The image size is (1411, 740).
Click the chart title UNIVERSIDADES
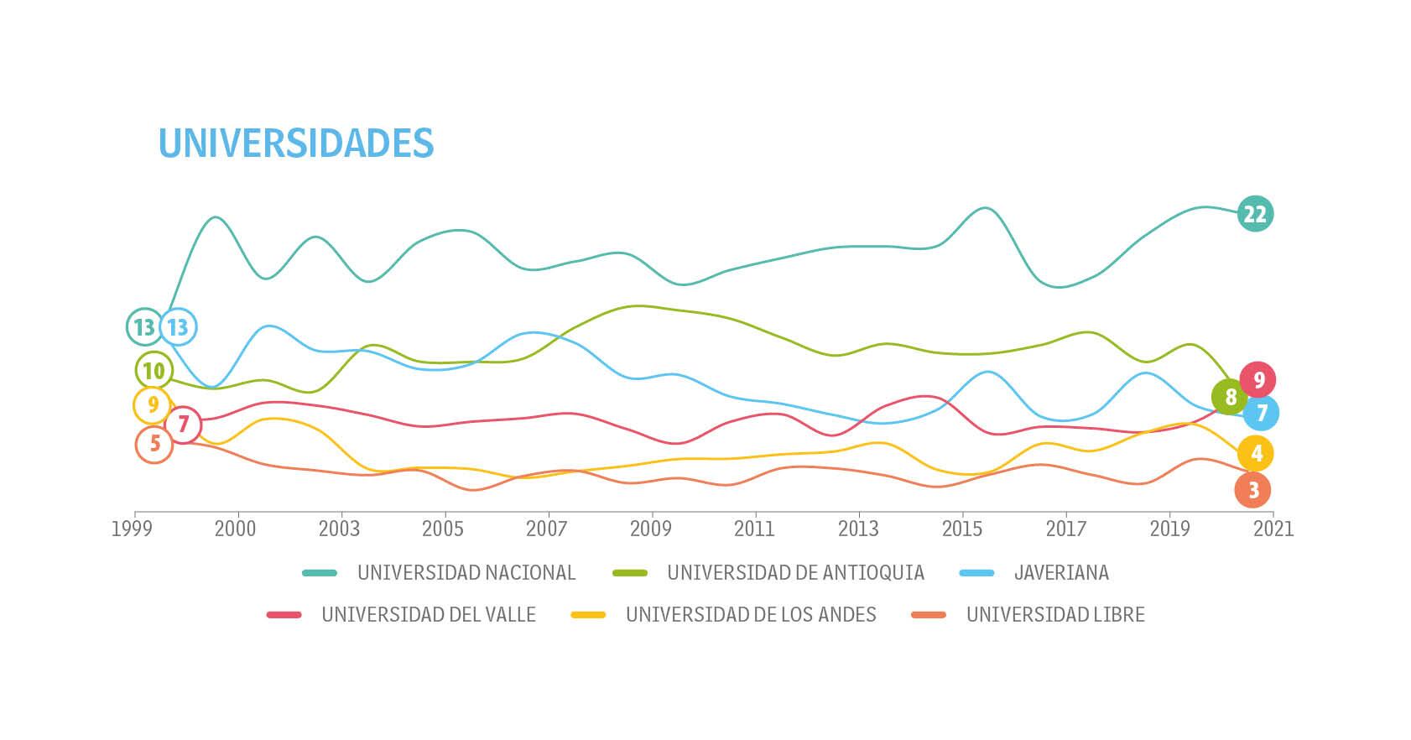295,143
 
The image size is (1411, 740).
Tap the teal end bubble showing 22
1254,214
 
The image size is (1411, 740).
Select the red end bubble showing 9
1257,380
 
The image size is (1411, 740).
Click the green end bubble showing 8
1230,397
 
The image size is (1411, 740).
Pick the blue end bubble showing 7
1261,413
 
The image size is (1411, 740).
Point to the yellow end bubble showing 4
1255,454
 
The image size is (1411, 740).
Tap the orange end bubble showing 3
1252,490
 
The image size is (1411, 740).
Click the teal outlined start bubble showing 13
144,326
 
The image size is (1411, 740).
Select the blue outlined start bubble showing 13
179,326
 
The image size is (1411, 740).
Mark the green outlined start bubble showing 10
154,370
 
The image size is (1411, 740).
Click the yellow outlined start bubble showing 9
152,405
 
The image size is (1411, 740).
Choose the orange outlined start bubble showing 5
154,444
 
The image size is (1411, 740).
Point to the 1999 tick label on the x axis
132,529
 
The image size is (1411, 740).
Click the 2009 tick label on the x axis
651,529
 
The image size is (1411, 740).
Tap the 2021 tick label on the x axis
1273,529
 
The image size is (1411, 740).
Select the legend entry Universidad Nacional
466,573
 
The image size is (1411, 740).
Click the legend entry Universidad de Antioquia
794,573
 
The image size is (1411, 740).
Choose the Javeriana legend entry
1060,573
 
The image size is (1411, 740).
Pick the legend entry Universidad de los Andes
750,615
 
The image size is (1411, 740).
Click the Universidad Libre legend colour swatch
929,615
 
